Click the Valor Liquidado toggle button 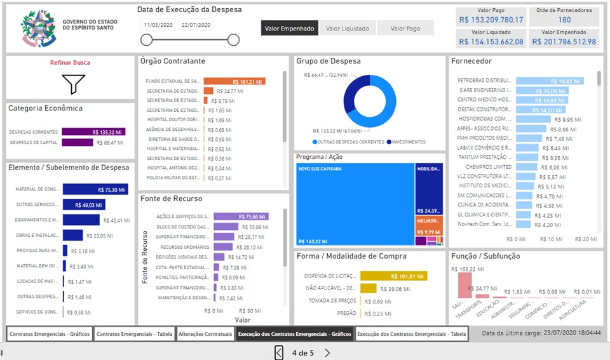[347, 28]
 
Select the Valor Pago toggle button [405, 28]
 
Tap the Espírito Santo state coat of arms [38, 29]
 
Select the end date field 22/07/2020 [196, 25]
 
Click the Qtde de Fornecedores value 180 [564, 20]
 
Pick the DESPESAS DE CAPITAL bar [78, 142]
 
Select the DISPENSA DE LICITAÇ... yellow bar [393, 276]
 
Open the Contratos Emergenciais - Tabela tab [134, 333]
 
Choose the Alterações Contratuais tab [205, 333]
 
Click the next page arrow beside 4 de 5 [327, 352]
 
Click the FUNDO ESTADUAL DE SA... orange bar [234, 81]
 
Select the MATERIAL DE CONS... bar [95, 189]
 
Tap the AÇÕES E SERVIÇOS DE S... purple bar [241, 216]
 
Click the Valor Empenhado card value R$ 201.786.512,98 [564, 41]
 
